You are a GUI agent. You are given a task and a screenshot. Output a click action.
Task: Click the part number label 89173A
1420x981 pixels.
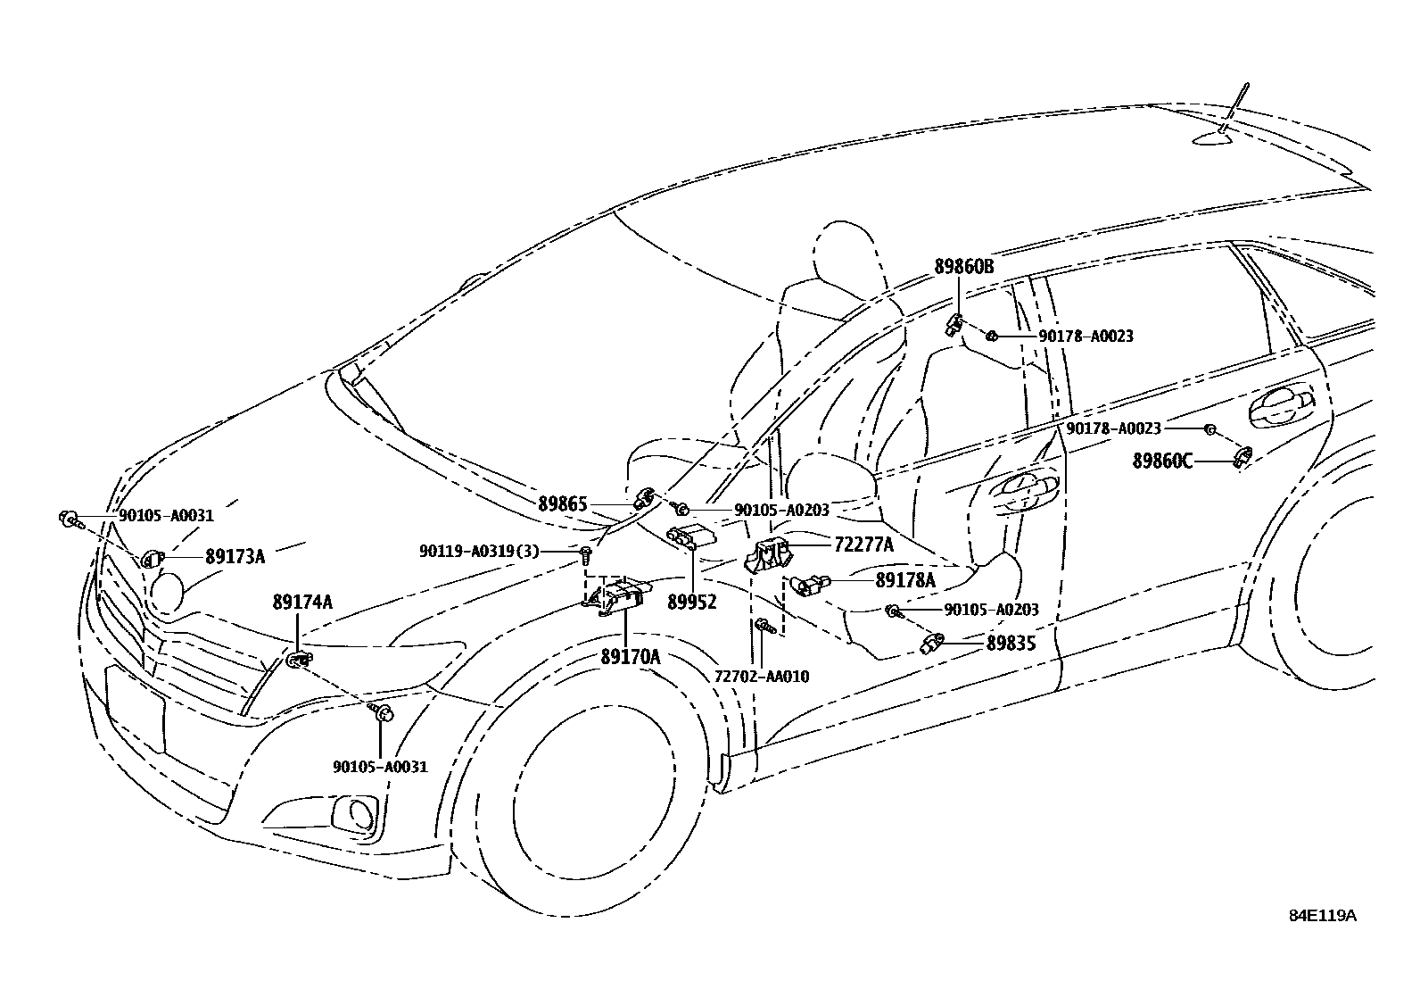(235, 556)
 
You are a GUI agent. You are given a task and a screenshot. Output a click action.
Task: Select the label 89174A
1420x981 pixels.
(302, 603)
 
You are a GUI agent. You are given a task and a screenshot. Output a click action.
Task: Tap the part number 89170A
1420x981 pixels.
(630, 657)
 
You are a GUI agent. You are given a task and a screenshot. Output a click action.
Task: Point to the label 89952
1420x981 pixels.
(692, 603)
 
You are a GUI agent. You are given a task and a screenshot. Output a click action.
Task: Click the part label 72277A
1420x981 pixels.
(863, 543)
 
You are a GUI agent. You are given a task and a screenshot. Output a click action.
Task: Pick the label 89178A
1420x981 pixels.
(905, 580)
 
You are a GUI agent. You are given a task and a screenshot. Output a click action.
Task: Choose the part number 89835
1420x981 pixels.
(1011, 643)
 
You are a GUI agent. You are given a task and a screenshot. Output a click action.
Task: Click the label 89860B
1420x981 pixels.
(964, 266)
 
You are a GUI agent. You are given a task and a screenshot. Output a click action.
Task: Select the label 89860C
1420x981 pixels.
(1162, 461)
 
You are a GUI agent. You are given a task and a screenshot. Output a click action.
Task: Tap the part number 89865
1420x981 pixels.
(563, 504)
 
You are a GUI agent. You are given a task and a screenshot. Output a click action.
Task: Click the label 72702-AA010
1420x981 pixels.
(762, 676)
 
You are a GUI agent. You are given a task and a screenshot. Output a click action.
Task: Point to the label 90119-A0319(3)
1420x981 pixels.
(479, 552)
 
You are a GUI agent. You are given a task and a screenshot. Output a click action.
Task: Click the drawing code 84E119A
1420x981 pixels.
(1322, 916)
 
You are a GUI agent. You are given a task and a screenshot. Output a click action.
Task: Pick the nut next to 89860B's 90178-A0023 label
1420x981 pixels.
(991, 336)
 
